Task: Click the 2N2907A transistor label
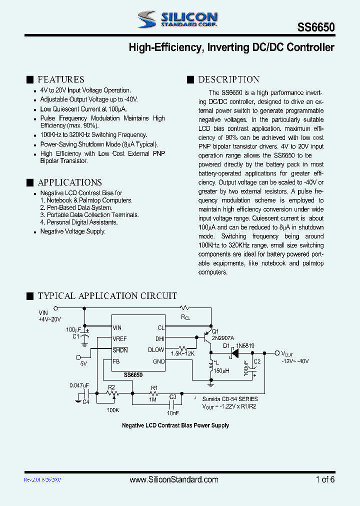[x=222, y=338]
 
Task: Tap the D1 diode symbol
[x=234, y=353]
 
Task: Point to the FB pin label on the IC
[x=116, y=361]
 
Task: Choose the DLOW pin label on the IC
[x=156, y=350]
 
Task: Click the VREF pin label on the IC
[x=120, y=339]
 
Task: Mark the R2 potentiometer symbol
[x=111, y=393]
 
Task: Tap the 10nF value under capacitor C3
[x=172, y=413]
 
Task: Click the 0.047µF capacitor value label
[x=79, y=385]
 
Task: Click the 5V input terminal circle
[x=78, y=356]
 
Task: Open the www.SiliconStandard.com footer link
[x=173, y=479]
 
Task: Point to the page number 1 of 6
[x=325, y=479]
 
